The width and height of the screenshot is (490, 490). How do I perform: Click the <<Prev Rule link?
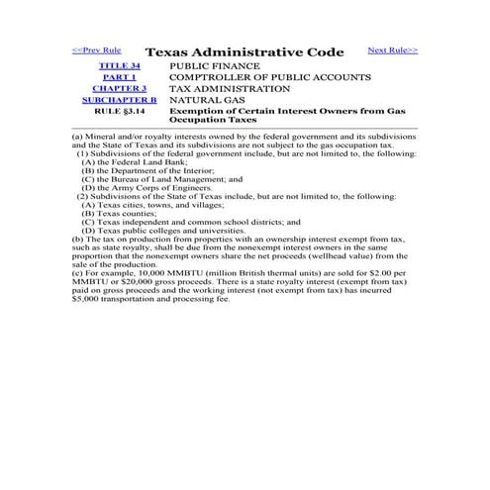click(x=97, y=49)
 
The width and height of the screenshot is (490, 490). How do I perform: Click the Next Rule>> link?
click(x=392, y=49)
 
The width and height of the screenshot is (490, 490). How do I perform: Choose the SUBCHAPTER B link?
click(x=120, y=100)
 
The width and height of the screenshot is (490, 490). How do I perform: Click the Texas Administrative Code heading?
click(x=245, y=51)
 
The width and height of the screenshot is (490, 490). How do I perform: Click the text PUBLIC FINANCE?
click(x=217, y=64)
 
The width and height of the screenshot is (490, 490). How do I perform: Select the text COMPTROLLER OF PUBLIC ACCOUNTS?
click(x=270, y=76)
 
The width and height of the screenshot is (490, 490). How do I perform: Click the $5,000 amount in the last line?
click(x=87, y=298)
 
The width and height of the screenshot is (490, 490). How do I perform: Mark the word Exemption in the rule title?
click(x=200, y=112)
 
